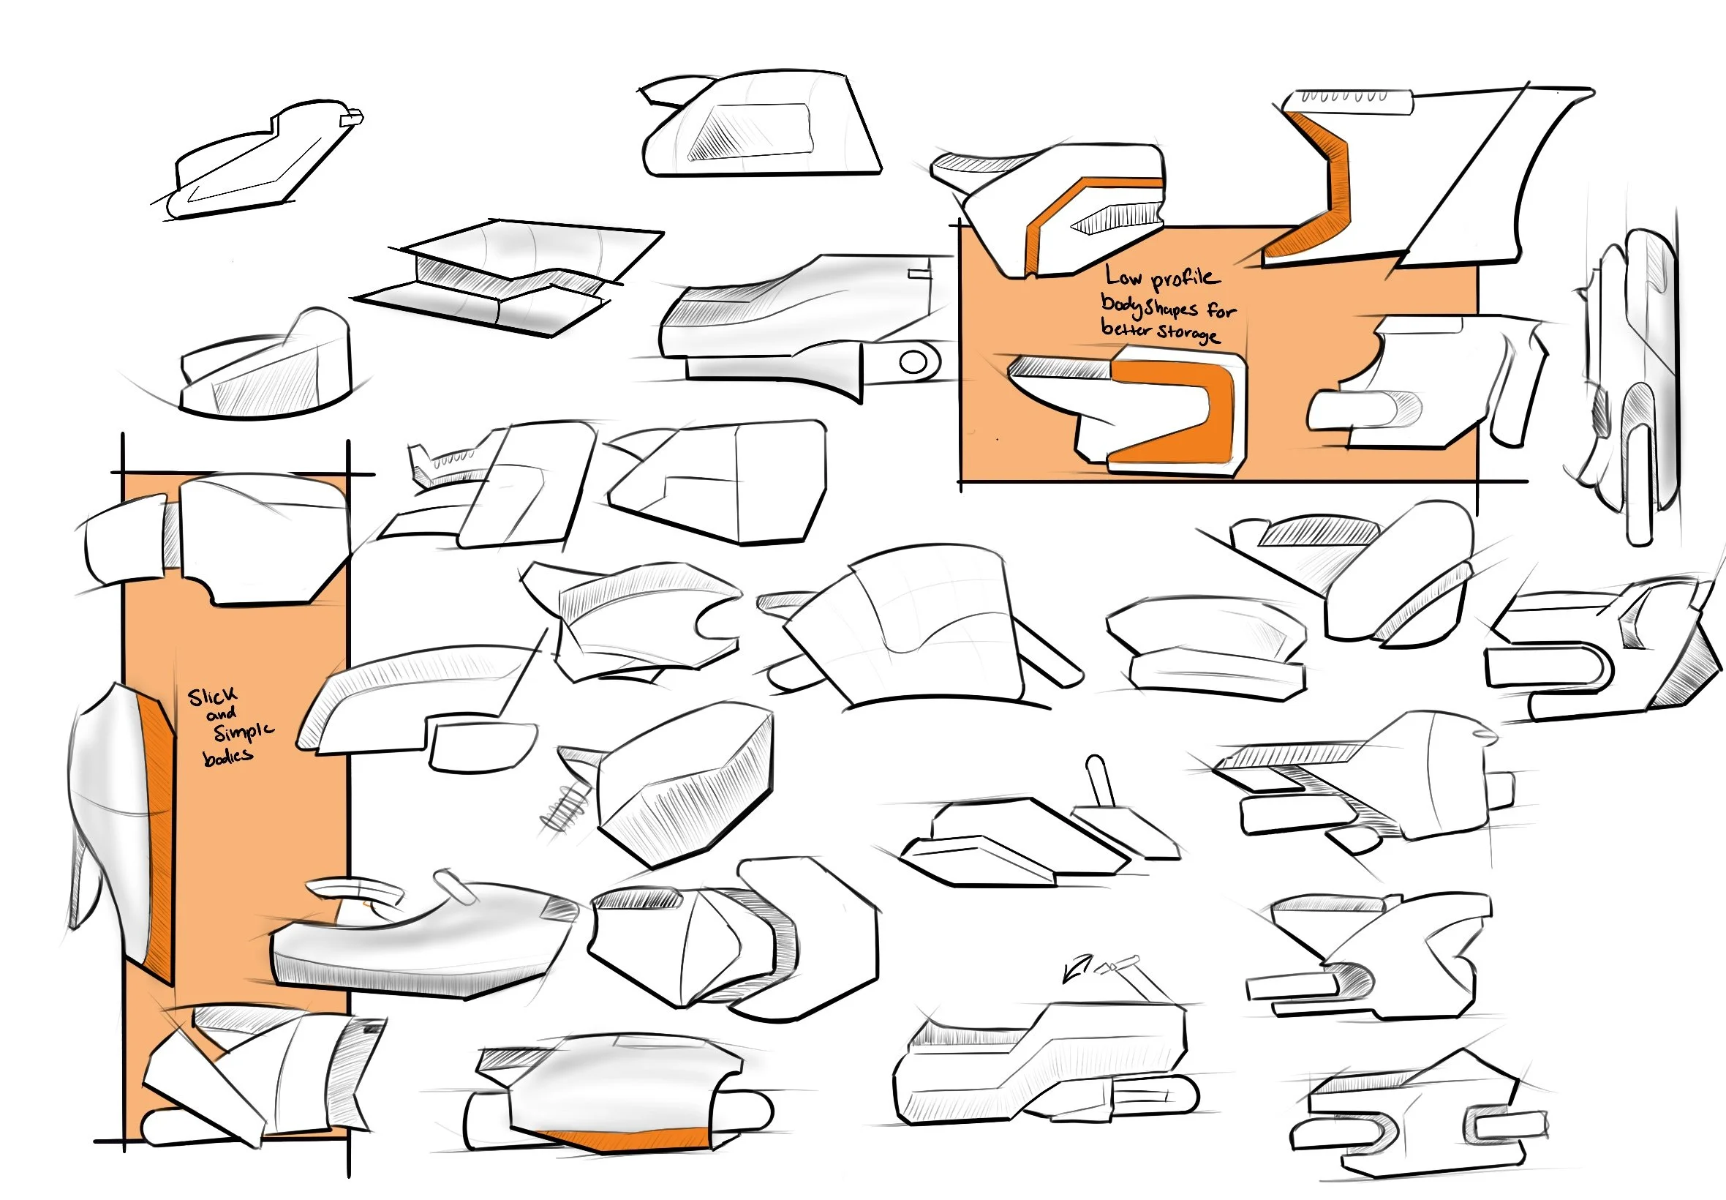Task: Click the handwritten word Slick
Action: (x=212, y=697)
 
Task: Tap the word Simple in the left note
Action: (x=244, y=732)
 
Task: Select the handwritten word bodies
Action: (x=227, y=756)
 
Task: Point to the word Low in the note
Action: (x=1123, y=277)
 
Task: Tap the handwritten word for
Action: (x=1221, y=309)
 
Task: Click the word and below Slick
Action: (x=221, y=713)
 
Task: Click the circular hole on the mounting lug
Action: (x=913, y=362)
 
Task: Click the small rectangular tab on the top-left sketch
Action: (x=352, y=118)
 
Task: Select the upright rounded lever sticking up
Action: (x=1100, y=781)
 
